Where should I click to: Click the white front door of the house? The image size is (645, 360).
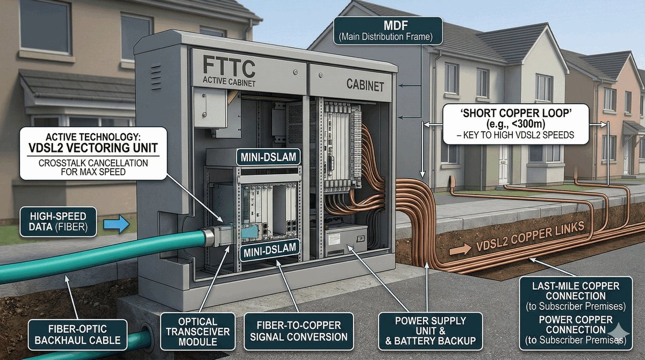click(x=504, y=164)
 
